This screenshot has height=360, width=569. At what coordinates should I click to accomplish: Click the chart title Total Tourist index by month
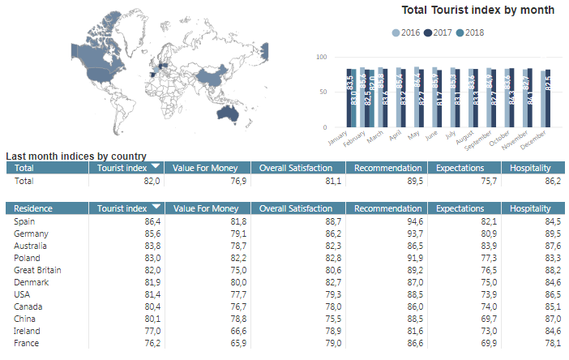point(478,10)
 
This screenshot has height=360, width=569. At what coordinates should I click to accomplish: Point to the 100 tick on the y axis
point(321,57)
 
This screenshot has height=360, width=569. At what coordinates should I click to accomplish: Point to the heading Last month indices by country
point(76,156)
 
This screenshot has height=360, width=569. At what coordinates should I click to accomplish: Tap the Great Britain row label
point(38,270)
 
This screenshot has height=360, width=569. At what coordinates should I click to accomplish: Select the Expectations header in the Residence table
point(460,208)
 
